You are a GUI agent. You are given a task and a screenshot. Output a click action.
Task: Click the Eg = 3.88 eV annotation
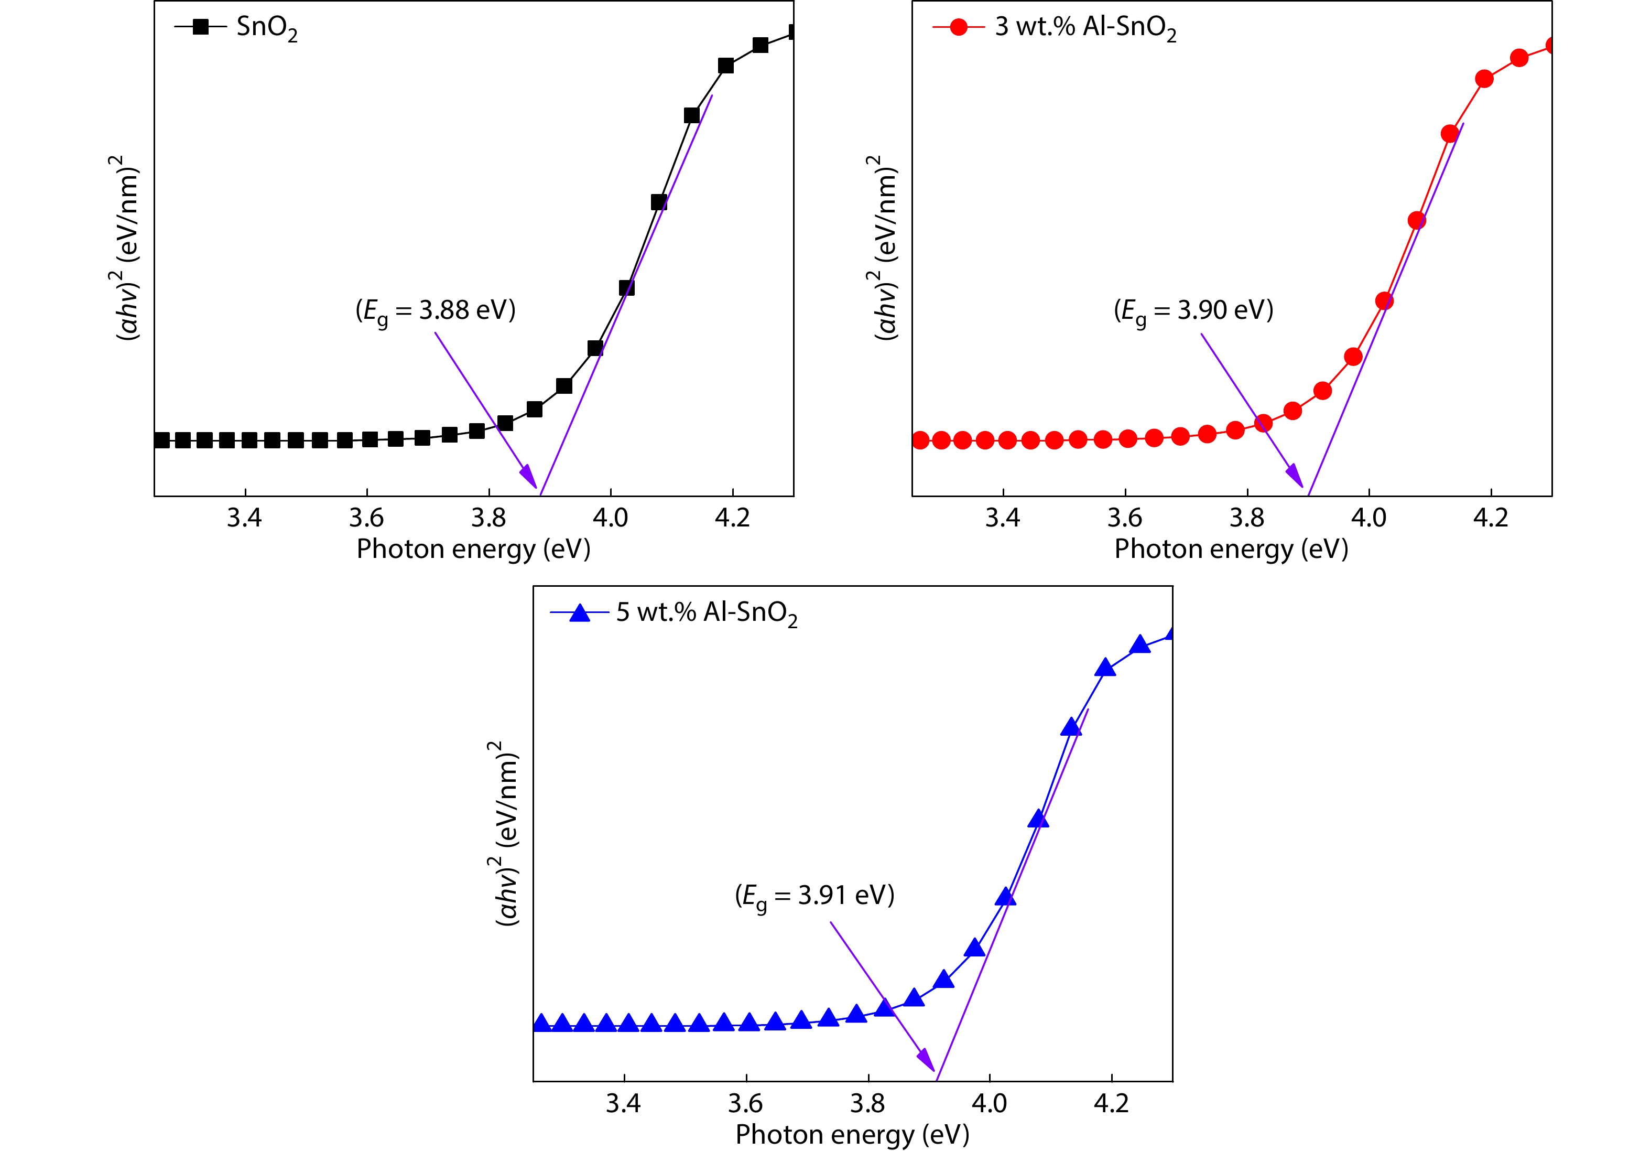tap(435, 311)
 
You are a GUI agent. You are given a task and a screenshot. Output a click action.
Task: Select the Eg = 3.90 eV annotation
tap(1193, 311)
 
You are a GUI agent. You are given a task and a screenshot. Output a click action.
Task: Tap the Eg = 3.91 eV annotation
tap(814, 896)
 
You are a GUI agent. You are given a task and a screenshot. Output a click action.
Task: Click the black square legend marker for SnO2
tap(201, 27)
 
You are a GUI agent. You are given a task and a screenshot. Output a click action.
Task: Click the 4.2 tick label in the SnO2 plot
tap(732, 518)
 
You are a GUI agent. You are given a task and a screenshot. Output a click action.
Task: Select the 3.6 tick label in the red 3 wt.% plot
tap(1125, 518)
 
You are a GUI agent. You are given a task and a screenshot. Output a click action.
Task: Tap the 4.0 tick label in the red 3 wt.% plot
tap(1368, 518)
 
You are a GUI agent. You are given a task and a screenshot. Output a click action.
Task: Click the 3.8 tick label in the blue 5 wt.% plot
tap(868, 1103)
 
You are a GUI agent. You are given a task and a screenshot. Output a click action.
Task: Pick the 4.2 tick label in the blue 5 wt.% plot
tap(1111, 1103)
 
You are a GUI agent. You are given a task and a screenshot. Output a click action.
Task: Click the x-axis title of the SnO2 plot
tap(473, 550)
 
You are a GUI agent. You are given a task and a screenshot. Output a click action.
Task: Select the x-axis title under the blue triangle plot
tap(852, 1135)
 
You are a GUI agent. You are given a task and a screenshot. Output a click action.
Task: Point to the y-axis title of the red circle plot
tap(886, 247)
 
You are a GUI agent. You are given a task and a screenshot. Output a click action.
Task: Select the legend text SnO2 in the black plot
tap(267, 29)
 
